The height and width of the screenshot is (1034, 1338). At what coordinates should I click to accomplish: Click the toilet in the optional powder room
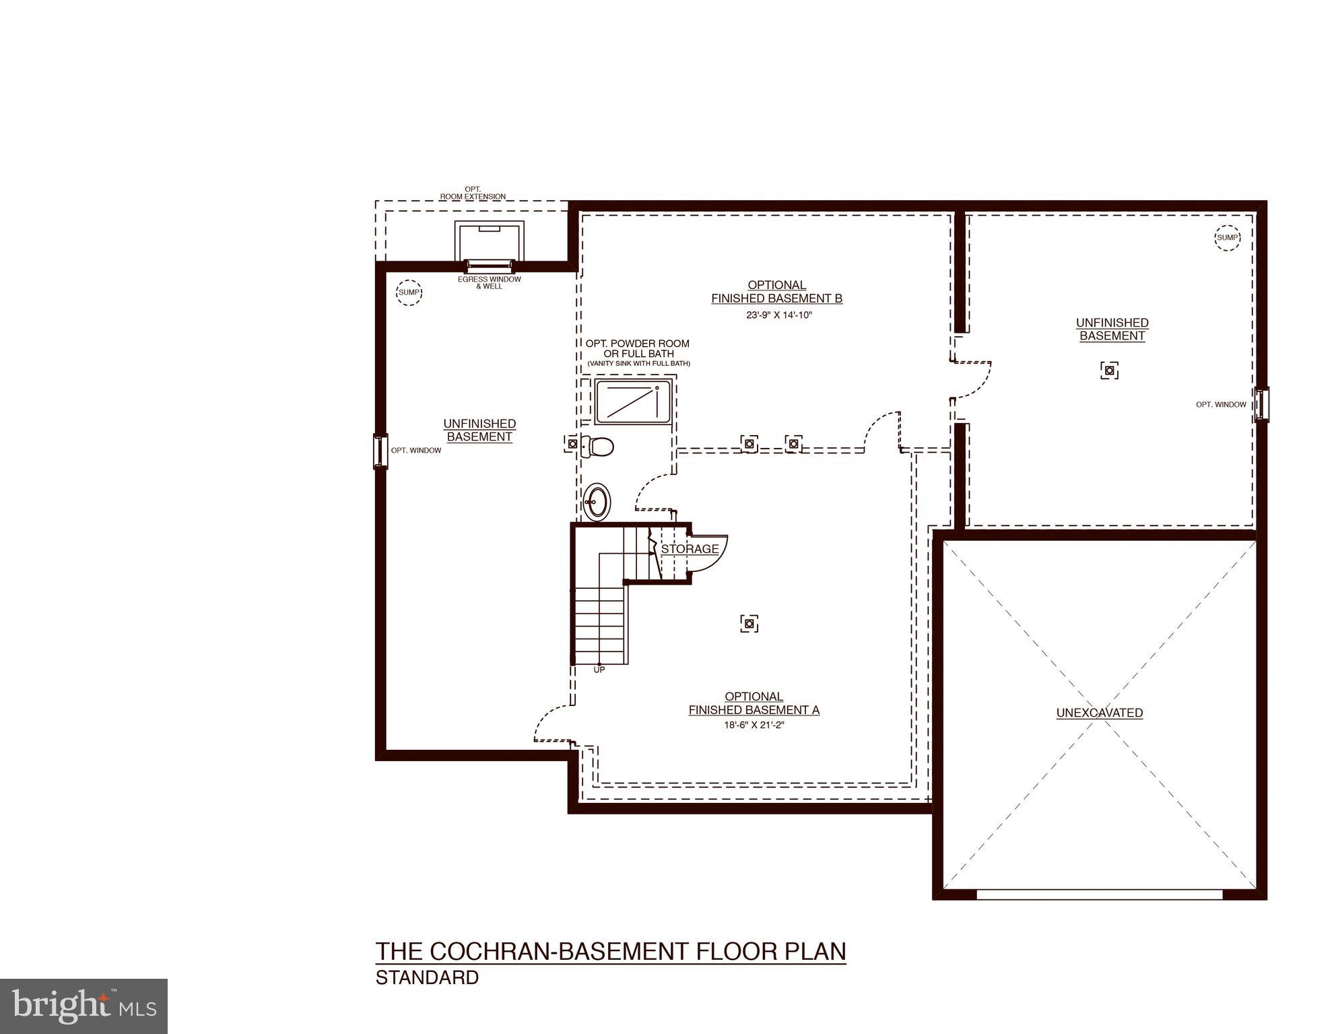point(597,445)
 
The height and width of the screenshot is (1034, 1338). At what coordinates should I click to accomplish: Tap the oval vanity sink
point(596,501)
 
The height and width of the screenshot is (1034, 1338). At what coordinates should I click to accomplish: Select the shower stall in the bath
point(633,402)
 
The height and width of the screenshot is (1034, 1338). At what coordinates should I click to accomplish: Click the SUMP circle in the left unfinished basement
point(409,292)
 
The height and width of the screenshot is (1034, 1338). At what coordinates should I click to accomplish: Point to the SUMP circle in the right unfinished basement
point(1227,237)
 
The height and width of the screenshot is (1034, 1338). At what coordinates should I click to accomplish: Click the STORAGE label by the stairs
point(690,549)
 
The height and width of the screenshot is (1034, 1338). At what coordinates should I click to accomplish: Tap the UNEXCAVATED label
point(1099,713)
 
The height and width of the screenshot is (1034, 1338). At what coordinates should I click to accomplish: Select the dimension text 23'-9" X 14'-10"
point(779,315)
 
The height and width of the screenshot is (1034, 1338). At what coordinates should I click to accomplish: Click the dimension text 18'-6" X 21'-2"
point(754,725)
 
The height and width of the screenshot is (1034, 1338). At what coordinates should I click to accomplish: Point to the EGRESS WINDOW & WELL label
point(490,282)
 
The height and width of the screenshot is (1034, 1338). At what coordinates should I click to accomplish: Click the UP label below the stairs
point(599,670)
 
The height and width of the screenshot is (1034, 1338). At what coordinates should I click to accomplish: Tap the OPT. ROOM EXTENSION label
point(473,193)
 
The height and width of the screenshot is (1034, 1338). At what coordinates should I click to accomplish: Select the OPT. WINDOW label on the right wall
point(1221,405)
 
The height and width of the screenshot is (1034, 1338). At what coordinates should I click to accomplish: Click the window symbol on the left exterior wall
point(380,451)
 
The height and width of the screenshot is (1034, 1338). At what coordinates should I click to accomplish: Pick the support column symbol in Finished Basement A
point(749,624)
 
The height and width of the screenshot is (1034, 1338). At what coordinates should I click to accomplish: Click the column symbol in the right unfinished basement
point(1110,370)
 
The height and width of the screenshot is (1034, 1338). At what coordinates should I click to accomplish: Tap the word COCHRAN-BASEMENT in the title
point(560,951)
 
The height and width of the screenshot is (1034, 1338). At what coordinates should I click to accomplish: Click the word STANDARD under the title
point(427,977)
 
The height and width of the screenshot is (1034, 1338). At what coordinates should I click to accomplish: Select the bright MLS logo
point(83,1006)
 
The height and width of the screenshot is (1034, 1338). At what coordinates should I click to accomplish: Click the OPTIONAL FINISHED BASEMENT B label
point(776,292)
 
